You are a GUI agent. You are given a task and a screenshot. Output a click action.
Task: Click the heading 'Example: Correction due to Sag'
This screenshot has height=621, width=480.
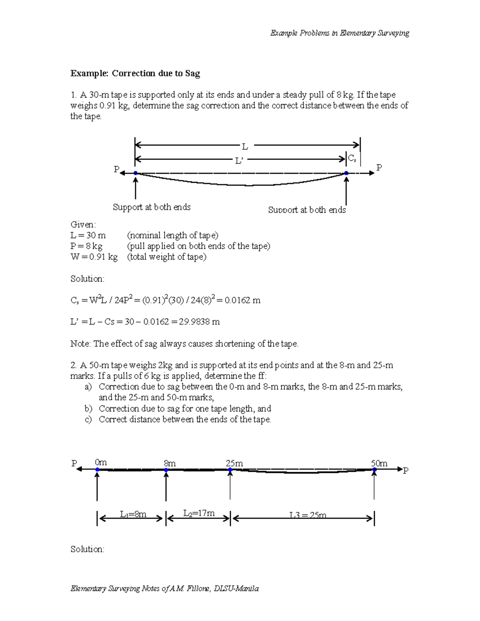tap(135, 73)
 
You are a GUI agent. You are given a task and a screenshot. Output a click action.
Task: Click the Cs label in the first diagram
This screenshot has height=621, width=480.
tap(352, 158)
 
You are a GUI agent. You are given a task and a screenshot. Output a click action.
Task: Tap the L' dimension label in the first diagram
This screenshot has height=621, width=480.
tap(239, 161)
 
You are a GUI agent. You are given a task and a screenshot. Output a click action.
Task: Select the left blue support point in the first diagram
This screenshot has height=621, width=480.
tap(136, 173)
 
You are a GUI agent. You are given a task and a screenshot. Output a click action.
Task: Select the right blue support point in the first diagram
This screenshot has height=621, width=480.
tap(346, 173)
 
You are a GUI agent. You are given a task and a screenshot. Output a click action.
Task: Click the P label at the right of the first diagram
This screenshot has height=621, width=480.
tap(379, 168)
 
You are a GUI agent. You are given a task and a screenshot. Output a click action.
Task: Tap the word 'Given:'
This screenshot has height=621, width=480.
tap(83, 224)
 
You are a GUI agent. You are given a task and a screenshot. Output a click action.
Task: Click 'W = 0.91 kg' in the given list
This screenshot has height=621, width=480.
tap(94, 257)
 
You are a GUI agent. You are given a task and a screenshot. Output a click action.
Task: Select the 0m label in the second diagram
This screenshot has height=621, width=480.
tap(101, 463)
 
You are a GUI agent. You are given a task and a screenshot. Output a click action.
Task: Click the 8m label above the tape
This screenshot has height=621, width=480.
tap(170, 463)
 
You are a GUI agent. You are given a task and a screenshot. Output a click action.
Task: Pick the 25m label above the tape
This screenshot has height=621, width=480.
tap(234, 463)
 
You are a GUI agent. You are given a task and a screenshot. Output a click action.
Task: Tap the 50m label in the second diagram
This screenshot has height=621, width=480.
tap(379, 463)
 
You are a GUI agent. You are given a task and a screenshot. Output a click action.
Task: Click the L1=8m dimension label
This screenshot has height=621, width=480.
tap(133, 515)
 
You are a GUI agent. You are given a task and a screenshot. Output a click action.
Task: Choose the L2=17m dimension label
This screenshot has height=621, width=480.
tap(199, 513)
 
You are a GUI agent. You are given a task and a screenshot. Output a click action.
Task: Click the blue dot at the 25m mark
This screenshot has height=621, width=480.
tap(230, 470)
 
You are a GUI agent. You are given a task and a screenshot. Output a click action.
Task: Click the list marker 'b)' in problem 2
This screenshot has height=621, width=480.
tap(88, 409)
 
